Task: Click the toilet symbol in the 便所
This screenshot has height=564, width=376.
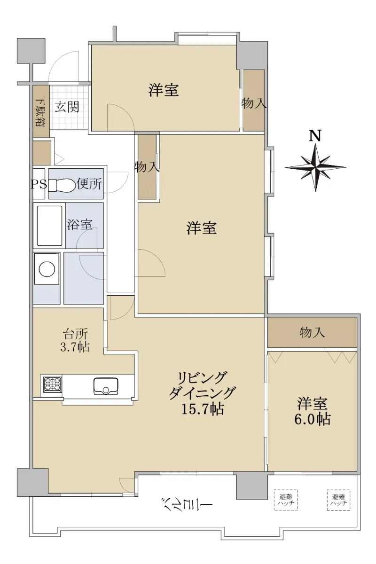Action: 62,185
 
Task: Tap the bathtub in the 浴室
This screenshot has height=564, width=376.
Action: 49,226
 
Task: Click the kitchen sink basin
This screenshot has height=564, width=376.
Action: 106,386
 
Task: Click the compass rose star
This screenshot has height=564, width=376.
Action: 315,167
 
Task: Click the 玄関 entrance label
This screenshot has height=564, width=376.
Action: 67,107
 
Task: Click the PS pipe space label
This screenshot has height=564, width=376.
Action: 39,185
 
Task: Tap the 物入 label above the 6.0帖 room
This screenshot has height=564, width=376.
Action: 312,333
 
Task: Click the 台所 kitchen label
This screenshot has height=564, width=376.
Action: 75,334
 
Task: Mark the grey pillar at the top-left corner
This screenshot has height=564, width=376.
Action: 31,51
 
